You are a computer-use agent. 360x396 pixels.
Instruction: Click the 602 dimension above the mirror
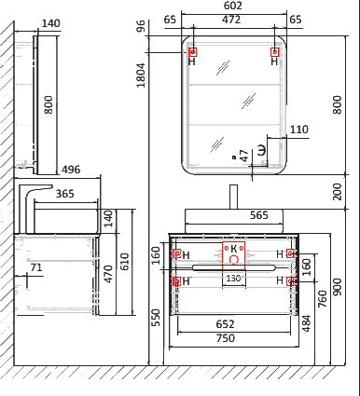(x=232, y=6)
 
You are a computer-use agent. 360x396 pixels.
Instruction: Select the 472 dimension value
(x=231, y=20)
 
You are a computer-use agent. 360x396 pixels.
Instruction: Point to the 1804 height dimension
(x=141, y=75)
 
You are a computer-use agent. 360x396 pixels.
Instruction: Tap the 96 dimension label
(x=141, y=26)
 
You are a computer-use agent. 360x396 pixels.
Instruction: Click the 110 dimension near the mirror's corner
(x=299, y=130)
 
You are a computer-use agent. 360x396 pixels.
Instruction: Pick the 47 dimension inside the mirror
(x=244, y=156)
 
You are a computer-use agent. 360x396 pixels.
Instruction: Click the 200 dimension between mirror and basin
(x=337, y=192)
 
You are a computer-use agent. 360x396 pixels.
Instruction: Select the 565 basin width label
(x=259, y=215)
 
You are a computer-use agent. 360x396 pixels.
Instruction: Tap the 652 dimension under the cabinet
(x=225, y=324)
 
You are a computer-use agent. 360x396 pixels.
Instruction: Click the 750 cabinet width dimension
(x=226, y=338)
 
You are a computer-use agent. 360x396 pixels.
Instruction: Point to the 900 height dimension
(x=337, y=287)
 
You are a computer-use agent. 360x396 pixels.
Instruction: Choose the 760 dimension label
(x=323, y=299)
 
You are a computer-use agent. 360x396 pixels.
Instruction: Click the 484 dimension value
(x=306, y=323)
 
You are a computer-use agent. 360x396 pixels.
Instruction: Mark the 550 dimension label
(x=157, y=318)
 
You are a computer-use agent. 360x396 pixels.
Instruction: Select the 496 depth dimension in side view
(x=71, y=170)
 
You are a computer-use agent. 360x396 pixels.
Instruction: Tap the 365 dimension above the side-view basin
(x=65, y=194)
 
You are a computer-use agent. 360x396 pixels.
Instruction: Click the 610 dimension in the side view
(x=124, y=261)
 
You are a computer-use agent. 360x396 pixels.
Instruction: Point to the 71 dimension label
(x=36, y=267)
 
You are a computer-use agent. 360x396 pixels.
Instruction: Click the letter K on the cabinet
(x=234, y=249)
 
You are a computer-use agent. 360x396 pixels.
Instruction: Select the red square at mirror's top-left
(x=193, y=52)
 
